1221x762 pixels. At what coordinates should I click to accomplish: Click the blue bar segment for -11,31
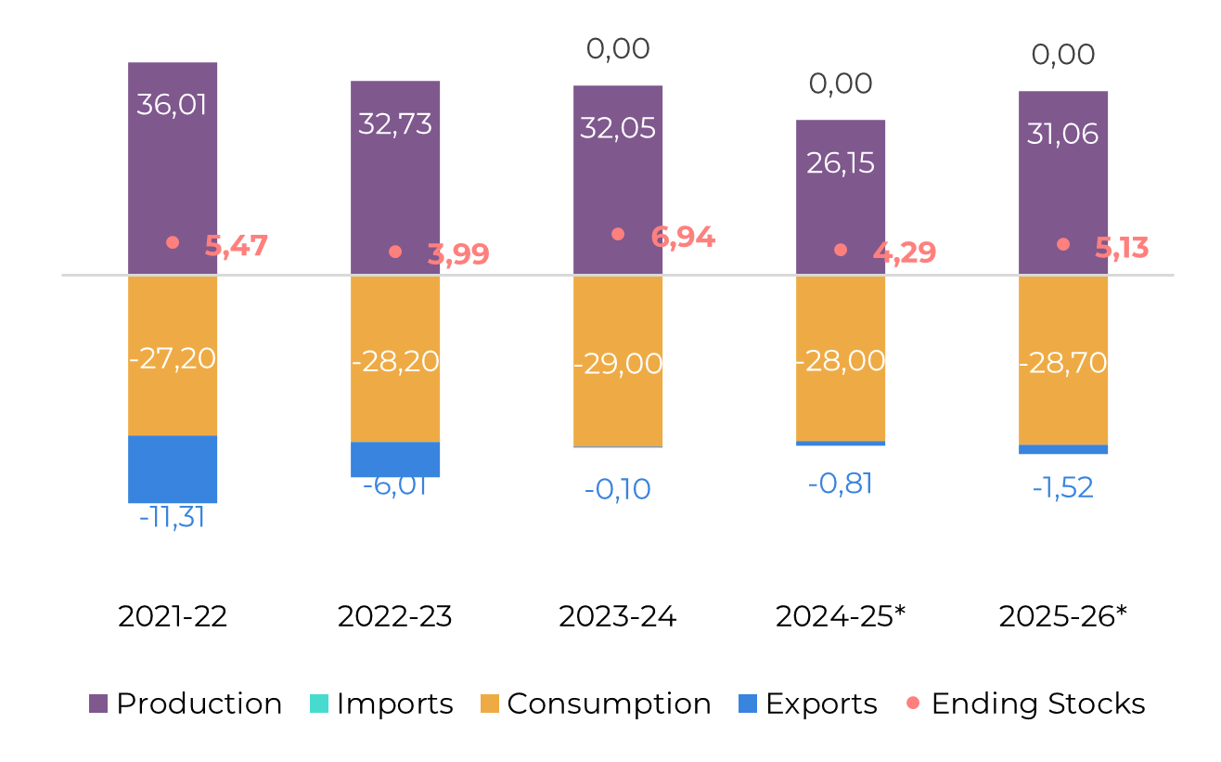[173, 470]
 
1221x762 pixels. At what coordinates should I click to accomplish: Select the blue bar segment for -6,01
[395, 459]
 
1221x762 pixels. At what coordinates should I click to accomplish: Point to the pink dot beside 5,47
[173, 242]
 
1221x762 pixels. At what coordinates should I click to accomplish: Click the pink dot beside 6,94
[618, 234]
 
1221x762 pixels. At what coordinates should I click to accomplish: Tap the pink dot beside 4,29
[841, 250]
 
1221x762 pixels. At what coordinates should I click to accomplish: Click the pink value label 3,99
[458, 254]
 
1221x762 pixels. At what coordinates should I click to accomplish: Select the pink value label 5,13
[1122, 248]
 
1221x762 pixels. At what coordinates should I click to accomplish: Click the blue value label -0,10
[618, 489]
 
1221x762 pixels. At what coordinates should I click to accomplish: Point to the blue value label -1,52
[1063, 487]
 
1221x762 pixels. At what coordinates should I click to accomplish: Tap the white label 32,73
[395, 123]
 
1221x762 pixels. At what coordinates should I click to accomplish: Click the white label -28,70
[1063, 363]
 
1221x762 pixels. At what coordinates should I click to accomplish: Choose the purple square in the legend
[98, 704]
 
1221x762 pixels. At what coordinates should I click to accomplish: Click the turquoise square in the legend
[319, 704]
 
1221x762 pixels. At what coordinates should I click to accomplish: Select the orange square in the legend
[490, 704]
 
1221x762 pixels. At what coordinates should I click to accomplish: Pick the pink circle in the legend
[913, 703]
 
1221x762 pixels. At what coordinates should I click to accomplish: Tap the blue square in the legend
[748, 704]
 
